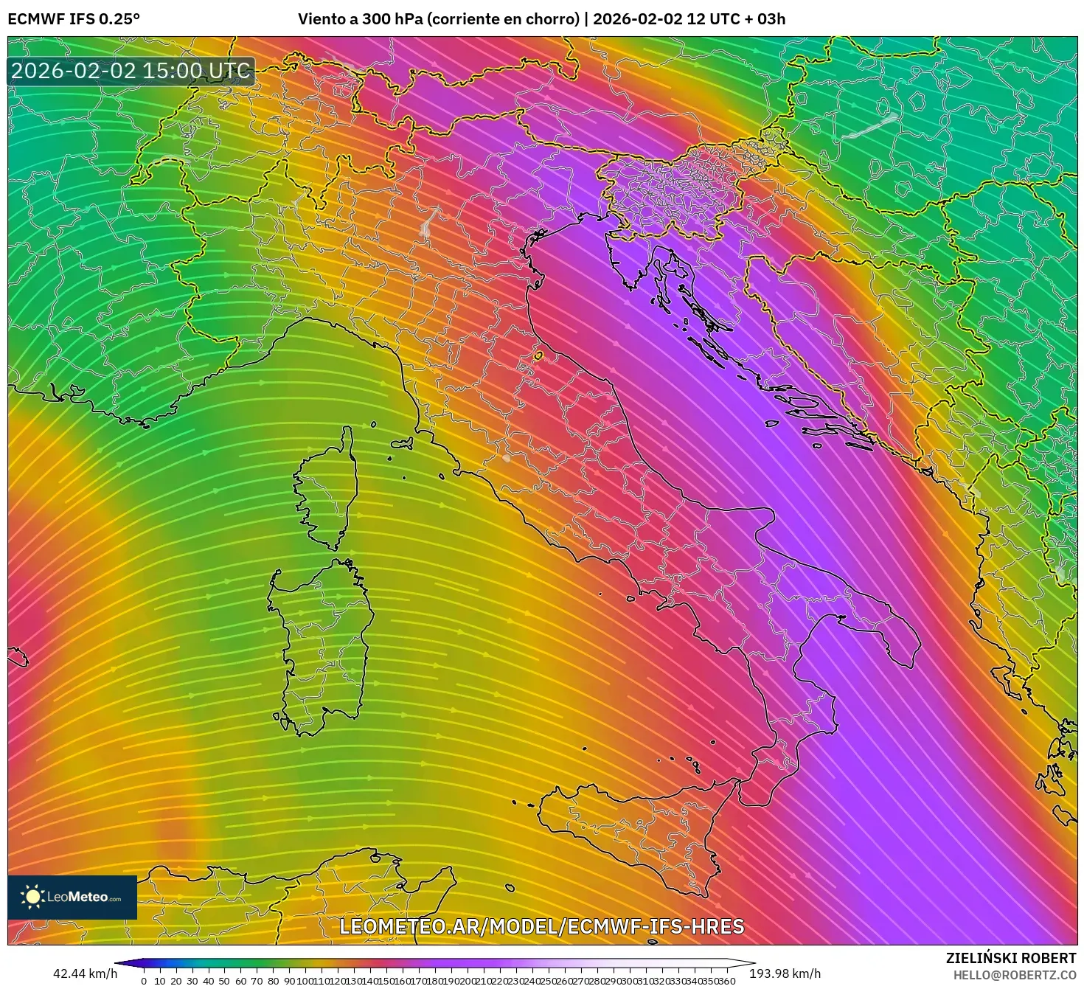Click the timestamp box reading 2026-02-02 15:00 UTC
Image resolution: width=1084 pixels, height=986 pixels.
coord(131,71)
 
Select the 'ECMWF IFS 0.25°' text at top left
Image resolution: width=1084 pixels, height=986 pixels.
coord(74,19)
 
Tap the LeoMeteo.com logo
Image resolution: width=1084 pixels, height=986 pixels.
coord(72,897)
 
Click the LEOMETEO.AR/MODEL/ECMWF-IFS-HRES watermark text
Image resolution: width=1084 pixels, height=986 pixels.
coord(541,926)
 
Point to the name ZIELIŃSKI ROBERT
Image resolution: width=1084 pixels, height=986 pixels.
coord(1011,958)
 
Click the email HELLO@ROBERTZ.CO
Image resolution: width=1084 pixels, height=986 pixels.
coord(1014,975)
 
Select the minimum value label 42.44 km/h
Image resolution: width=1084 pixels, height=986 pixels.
coord(85,973)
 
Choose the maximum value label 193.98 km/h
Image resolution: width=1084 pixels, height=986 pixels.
coord(785,973)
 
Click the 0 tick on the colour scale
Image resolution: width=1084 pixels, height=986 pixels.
coord(144,981)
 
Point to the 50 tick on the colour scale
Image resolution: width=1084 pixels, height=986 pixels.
coord(224,981)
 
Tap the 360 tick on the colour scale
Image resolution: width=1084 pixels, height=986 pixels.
coord(726,981)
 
